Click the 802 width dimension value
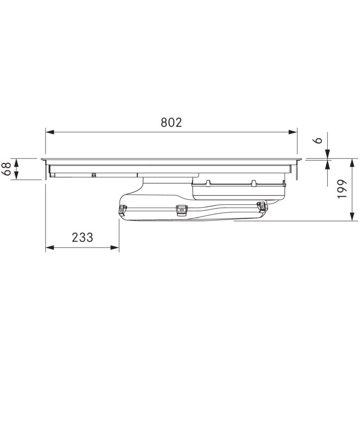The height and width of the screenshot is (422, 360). tap(171, 122)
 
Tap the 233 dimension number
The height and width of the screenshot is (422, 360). tap(82, 238)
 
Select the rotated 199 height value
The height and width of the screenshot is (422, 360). tap(342, 189)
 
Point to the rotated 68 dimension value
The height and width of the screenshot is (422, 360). tap(7, 169)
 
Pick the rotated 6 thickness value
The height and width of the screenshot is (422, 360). tap(318, 140)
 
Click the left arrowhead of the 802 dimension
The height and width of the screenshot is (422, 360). tap(50, 132)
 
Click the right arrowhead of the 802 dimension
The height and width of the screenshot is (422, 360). tap(293, 132)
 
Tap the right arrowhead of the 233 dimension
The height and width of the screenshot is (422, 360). tap(115, 248)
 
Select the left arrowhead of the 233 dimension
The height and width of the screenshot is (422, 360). tap(50, 248)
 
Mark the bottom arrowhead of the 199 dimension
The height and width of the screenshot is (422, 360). tap(352, 216)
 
